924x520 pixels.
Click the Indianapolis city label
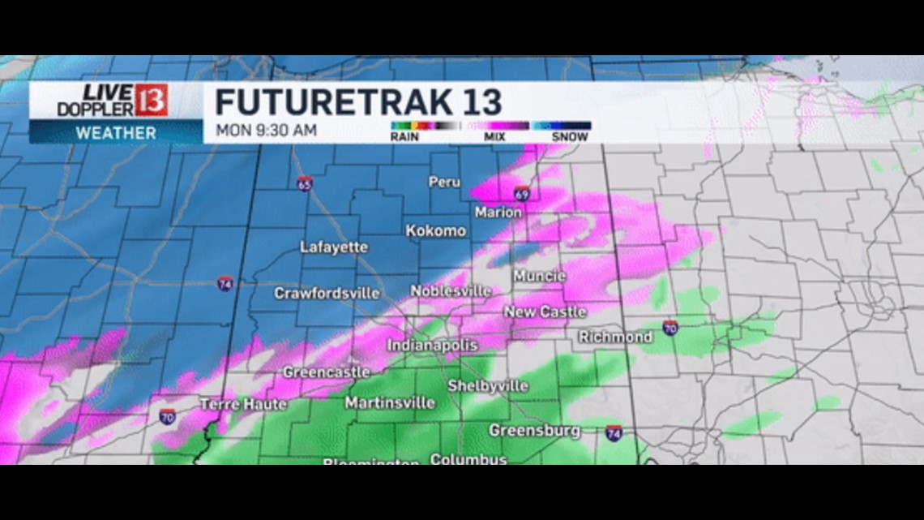(432, 346)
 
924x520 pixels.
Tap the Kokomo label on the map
(436, 231)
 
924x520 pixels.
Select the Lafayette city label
(334, 247)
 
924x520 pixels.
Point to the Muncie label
(539, 277)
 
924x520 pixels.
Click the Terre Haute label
(242, 404)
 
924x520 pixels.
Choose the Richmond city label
(615, 337)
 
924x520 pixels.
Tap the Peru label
(444, 183)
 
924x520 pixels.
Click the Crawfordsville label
(327, 293)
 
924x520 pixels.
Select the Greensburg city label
(534, 431)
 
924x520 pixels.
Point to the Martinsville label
(390, 403)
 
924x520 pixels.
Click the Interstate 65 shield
(304, 183)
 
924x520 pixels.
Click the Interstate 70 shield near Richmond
(669, 328)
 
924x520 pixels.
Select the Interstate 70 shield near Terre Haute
(167, 417)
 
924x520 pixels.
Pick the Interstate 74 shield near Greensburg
(614, 432)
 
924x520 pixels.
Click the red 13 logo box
(152, 100)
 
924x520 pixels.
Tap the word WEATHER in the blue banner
(116, 132)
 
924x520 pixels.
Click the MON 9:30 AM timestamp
(266, 130)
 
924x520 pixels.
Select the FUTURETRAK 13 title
(358, 103)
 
